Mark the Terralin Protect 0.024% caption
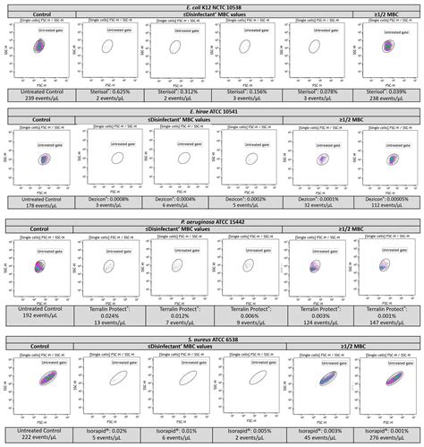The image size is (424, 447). pyautogui.click(x=106, y=315)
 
